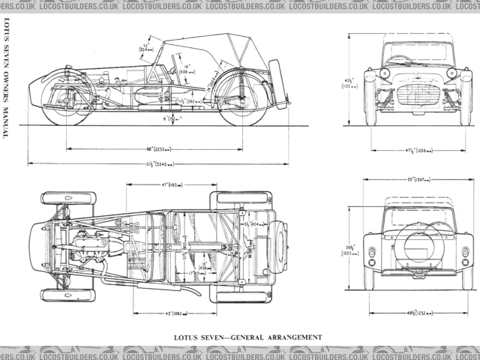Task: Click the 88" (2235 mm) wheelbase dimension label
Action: pos(157,148)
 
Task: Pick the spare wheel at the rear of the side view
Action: pos(277,84)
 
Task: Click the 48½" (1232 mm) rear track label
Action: pos(419,311)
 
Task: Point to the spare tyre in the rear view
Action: pos(418,246)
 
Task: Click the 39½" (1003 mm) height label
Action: pos(350,249)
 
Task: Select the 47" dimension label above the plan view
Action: pos(166,184)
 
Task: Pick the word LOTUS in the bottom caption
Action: pos(187,337)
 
